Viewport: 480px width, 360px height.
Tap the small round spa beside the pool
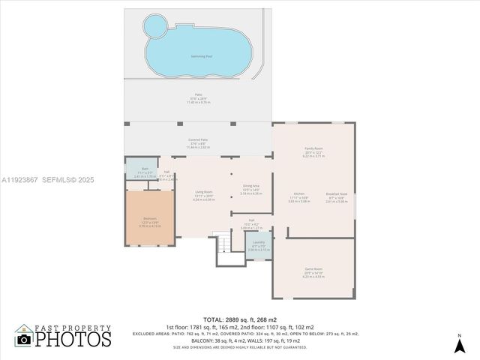point(155,28)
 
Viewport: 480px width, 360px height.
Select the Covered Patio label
point(198,140)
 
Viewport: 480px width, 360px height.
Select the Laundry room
point(259,245)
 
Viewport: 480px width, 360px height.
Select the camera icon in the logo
point(25,340)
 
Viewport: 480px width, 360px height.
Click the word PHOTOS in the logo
point(73,339)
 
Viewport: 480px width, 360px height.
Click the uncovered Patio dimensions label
point(198,97)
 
